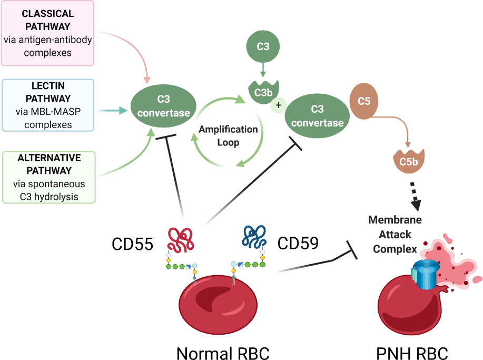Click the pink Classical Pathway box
[x=48, y=33]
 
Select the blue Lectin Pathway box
[x=48, y=104]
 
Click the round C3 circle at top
[x=263, y=47]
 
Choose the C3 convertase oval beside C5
[x=317, y=116]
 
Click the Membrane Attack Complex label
[x=395, y=233]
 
